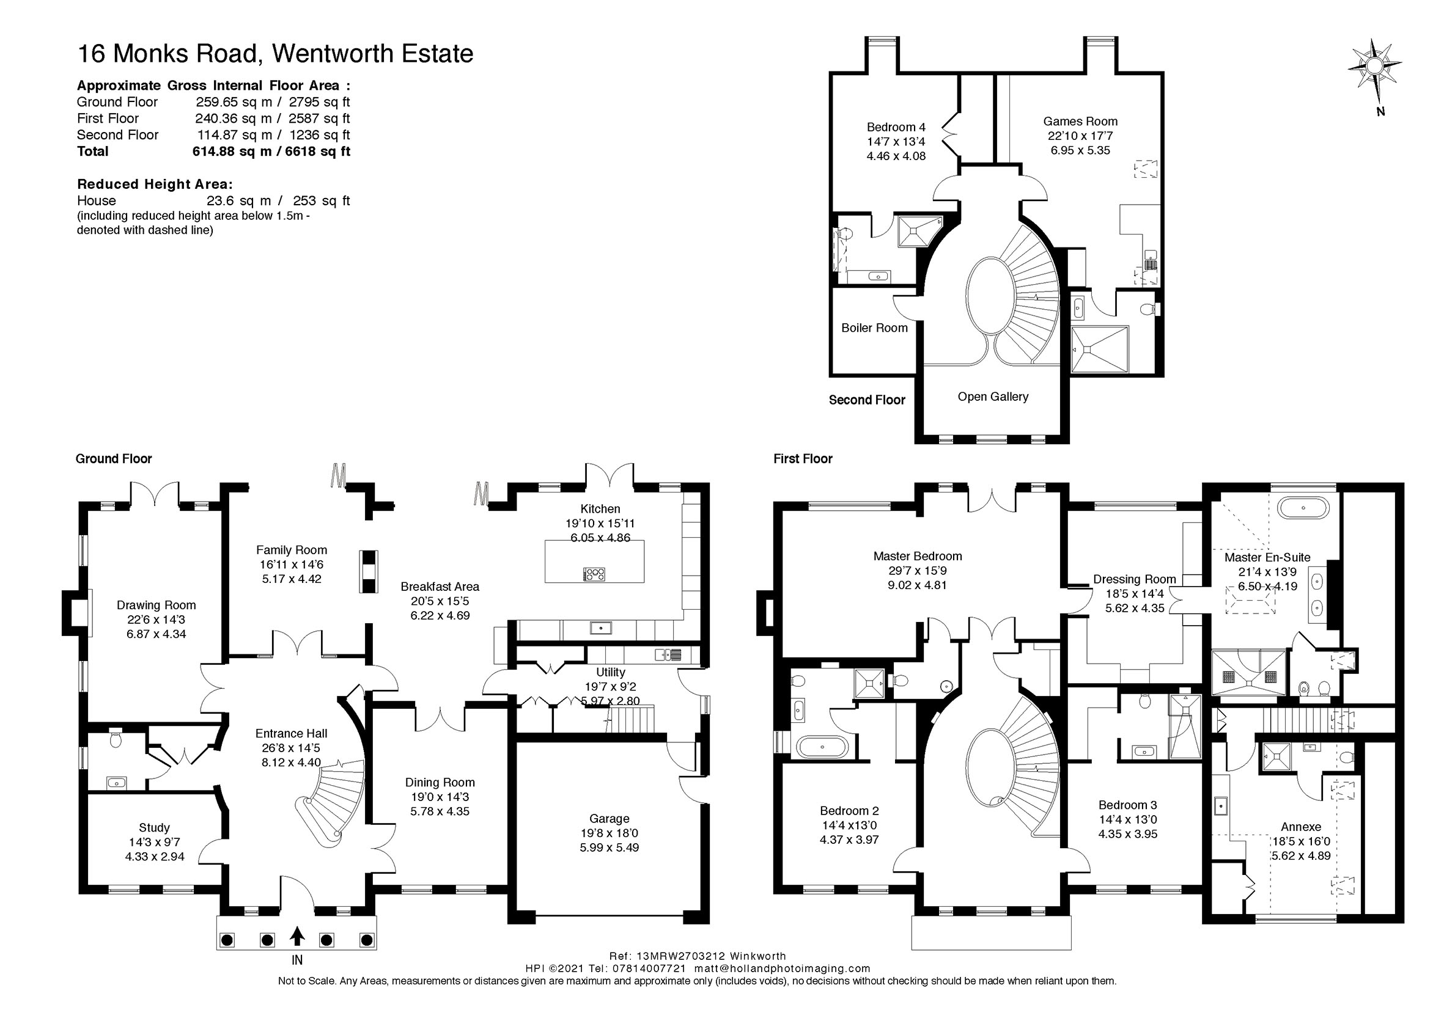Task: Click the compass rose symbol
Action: coord(1375,65)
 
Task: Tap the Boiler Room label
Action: coord(874,328)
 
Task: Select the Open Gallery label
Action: coord(992,397)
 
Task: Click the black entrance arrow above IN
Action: coord(297,937)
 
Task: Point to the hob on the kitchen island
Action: coord(594,573)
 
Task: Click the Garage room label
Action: coord(609,819)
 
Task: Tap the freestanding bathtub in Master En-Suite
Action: coord(1303,507)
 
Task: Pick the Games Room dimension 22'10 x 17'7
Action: coord(1080,136)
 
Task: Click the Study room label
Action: coord(154,827)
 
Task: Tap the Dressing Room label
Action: coord(1134,579)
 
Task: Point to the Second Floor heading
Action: coord(867,400)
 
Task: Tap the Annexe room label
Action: coord(1300,827)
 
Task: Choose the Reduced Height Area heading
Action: coord(155,184)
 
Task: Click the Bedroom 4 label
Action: coord(896,127)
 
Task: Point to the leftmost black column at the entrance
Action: coord(227,940)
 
